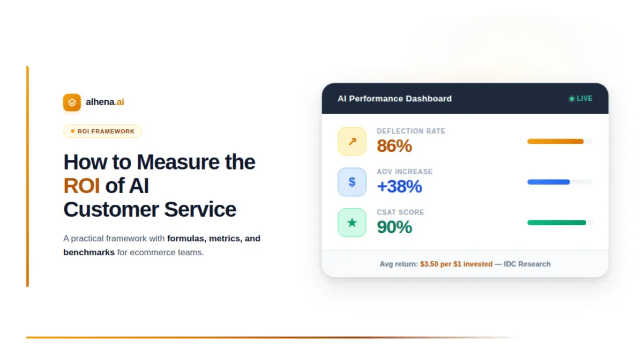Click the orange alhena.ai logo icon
point(72,102)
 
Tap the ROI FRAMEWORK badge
point(103,131)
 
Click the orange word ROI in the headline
point(81,186)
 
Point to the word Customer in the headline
point(111,209)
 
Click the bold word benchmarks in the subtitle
point(89,252)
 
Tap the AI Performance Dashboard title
point(394,99)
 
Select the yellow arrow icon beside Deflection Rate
point(352,142)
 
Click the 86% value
point(394,146)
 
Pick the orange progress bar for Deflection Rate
point(555,142)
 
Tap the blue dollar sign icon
point(352,182)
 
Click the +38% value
point(399,187)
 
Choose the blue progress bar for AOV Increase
point(548,182)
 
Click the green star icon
point(352,223)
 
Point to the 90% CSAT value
point(394,227)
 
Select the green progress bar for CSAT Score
point(557,223)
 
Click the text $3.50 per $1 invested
point(456,264)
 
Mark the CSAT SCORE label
point(400,212)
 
